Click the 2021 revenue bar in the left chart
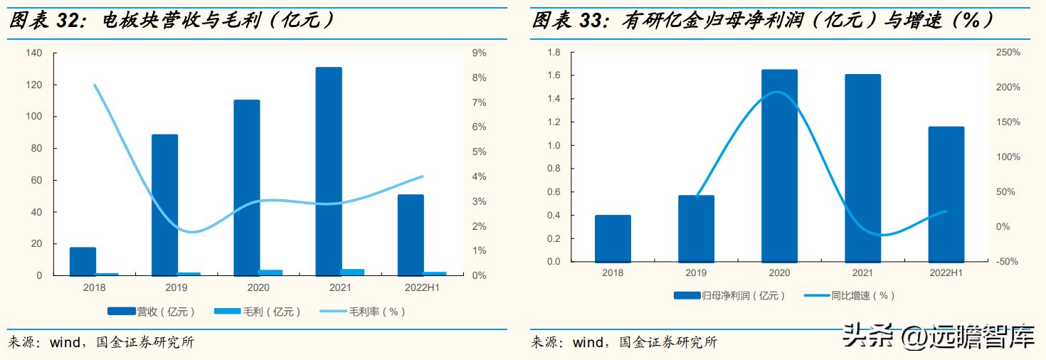tap(329, 171)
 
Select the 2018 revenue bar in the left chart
tap(83, 261)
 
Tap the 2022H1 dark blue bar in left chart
tap(411, 235)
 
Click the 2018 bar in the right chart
tap(613, 238)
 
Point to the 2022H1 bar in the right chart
tap(946, 194)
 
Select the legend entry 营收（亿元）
tap(151, 312)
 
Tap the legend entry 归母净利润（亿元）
tap(729, 295)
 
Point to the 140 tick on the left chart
tap(34, 53)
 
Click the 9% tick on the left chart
tap(479, 53)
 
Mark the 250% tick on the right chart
tap(1007, 53)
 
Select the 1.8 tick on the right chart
tap(554, 53)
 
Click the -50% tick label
tap(1007, 262)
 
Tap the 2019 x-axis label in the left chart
tap(176, 287)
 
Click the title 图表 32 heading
tap(171, 21)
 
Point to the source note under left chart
tap(100, 343)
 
